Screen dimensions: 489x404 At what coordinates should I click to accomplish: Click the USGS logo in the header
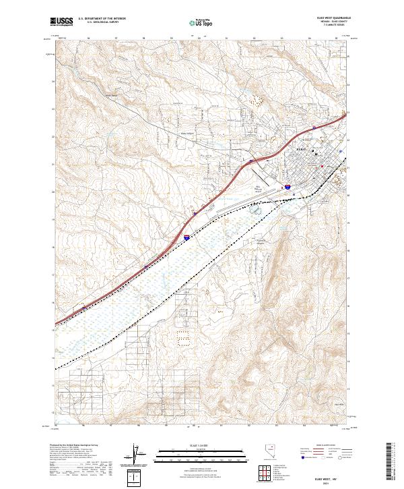coord(61,22)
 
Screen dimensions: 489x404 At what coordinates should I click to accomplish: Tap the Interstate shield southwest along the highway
coord(186,237)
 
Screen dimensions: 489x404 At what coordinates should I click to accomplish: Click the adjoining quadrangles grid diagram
coord(263,471)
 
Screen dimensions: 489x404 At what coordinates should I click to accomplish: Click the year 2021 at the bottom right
coord(328,481)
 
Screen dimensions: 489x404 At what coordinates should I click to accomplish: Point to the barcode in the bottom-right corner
coord(391,462)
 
